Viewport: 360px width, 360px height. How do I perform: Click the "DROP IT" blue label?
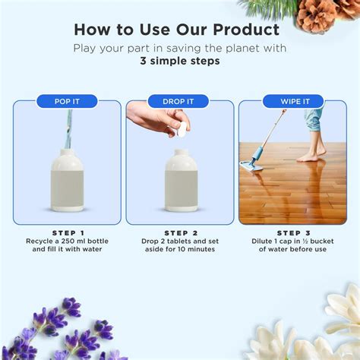point(179,101)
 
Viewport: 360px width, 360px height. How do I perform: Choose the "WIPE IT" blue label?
point(292,101)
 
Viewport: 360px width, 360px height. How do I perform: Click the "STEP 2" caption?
point(181,233)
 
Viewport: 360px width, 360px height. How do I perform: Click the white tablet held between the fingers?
point(182,130)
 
